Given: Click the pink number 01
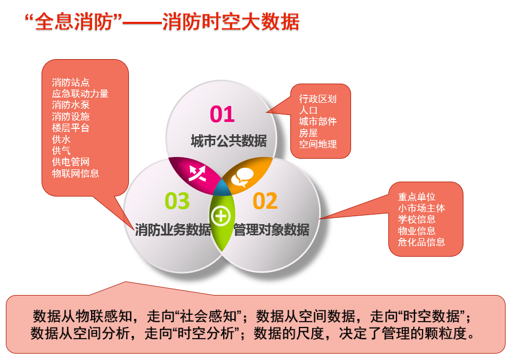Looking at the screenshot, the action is (222, 114).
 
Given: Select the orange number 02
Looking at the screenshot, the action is (265, 201).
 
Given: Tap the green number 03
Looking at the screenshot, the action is (177, 201).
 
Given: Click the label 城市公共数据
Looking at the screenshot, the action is (229, 141).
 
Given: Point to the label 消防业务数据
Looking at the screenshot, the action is (173, 230).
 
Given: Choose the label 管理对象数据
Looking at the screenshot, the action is (271, 230).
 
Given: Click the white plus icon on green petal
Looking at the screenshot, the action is (221, 216).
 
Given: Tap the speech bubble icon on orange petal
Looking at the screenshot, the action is (242, 177).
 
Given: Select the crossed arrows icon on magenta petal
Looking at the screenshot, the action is (197, 173).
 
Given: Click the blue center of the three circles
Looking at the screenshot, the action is (223, 187).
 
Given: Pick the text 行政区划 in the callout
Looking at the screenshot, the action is (317, 99).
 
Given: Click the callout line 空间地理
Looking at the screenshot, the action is (317, 144).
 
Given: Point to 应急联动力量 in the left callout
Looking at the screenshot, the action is (80, 94).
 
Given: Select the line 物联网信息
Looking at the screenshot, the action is (75, 173).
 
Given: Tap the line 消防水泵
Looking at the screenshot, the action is (71, 105).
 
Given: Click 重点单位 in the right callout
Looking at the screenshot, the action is (417, 197).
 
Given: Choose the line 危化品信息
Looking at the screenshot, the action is (421, 242).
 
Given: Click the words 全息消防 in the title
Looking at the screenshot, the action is (74, 22).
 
